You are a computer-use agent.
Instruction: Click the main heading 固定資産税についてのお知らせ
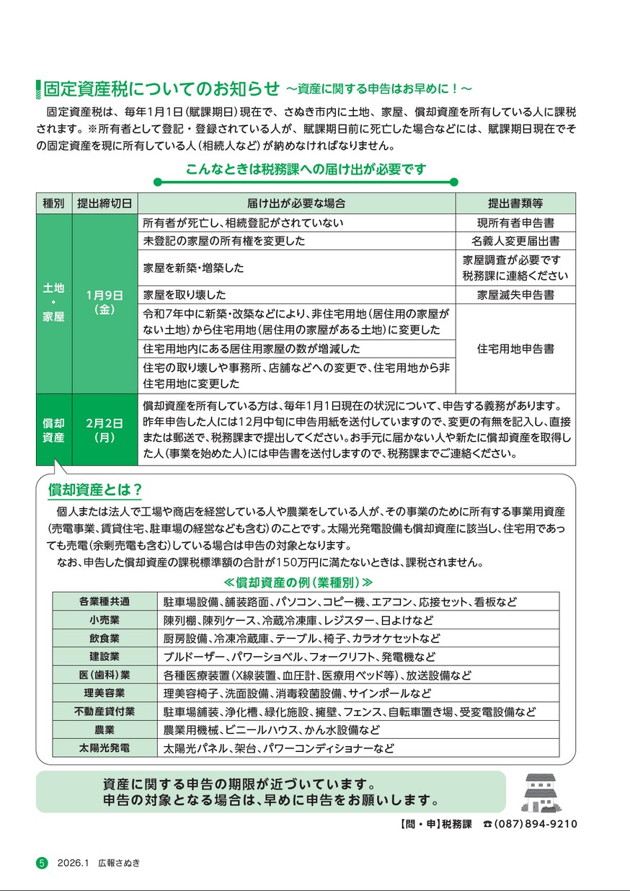point(161,89)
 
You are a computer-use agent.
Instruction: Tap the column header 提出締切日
point(105,203)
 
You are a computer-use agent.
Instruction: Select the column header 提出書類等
point(515,203)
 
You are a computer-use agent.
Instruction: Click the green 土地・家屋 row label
point(54,302)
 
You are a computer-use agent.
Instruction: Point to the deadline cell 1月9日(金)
point(105,302)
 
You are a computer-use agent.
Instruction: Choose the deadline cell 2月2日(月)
point(105,430)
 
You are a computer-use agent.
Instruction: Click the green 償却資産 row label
point(54,430)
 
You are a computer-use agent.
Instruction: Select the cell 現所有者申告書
point(515,223)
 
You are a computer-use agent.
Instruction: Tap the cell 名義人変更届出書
point(515,241)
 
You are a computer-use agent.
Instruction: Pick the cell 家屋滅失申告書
point(515,295)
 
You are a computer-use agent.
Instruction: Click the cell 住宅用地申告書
point(515,349)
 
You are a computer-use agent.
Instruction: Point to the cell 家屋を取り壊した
point(185,295)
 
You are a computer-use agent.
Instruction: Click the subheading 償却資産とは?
point(94,491)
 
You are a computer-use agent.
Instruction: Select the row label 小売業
point(105,620)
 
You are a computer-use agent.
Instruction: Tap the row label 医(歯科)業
point(105,675)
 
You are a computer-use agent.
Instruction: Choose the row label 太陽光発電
point(105,748)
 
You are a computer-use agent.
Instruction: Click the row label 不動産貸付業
point(105,712)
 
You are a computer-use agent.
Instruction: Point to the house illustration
point(538,793)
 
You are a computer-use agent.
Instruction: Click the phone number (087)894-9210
point(536,824)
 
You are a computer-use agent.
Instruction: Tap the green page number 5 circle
point(42,863)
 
